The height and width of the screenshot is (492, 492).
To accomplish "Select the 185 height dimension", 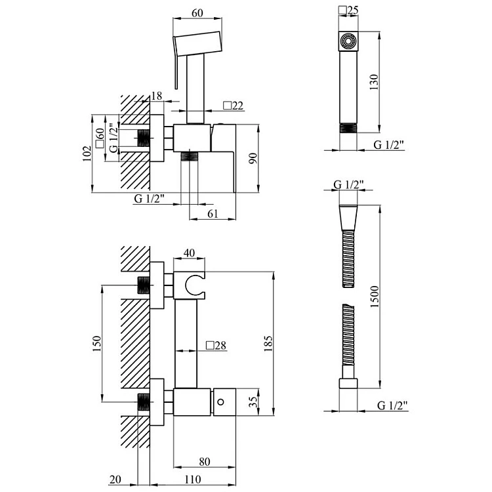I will click(x=269, y=342).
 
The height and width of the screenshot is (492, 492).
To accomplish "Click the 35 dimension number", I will click(x=253, y=401).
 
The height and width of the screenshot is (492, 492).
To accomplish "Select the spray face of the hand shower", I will click(x=347, y=42).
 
